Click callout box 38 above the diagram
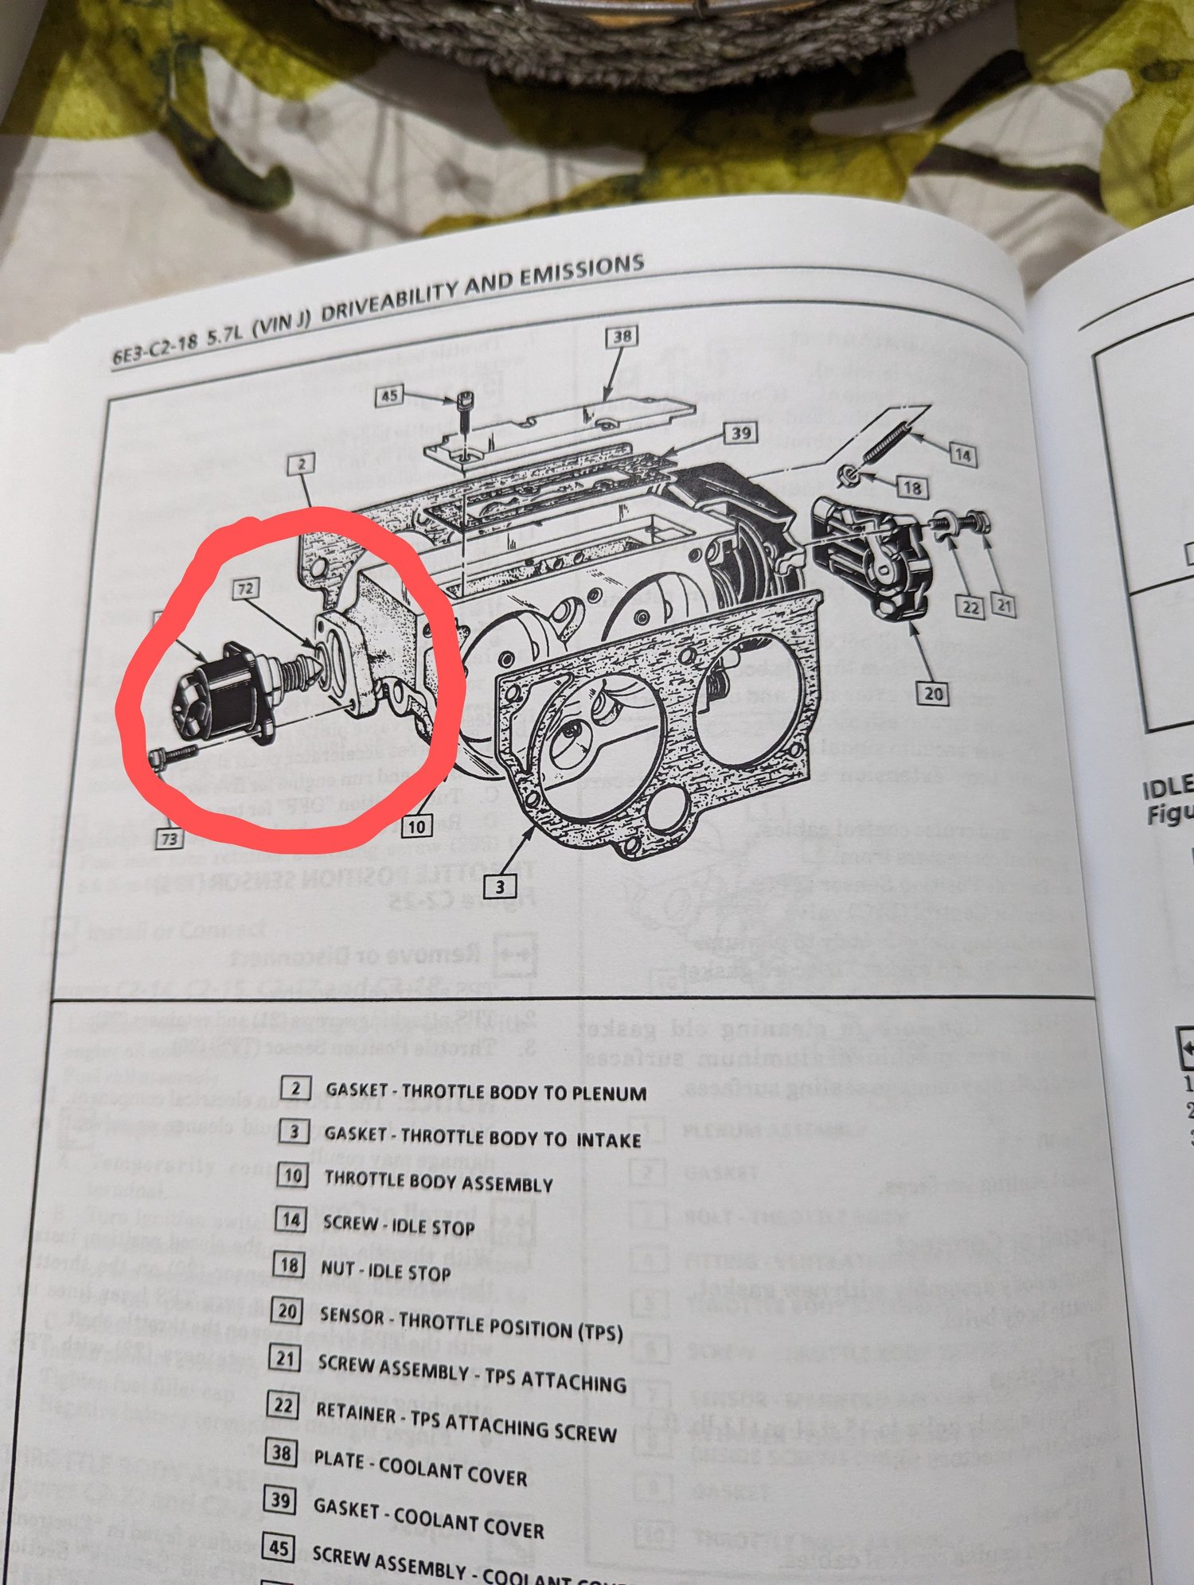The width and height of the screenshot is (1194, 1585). point(622,336)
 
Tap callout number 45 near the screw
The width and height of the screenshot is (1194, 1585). point(389,395)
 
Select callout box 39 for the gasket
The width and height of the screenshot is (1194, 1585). point(740,433)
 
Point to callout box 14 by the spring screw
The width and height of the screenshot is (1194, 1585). point(962,455)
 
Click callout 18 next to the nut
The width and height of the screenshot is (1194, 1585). point(912,487)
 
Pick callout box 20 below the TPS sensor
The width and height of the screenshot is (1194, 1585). point(933,693)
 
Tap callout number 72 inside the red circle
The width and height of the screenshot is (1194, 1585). point(246,589)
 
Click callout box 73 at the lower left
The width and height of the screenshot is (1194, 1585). point(169,838)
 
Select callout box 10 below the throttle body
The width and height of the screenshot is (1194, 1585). point(416,826)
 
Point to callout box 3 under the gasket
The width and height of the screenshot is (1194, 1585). point(500,886)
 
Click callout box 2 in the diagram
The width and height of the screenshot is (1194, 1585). point(302,463)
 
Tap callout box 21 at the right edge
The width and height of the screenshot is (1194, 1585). point(1004,606)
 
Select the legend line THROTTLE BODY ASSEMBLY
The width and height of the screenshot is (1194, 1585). point(438,1182)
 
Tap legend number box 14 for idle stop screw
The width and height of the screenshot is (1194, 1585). point(291,1219)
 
